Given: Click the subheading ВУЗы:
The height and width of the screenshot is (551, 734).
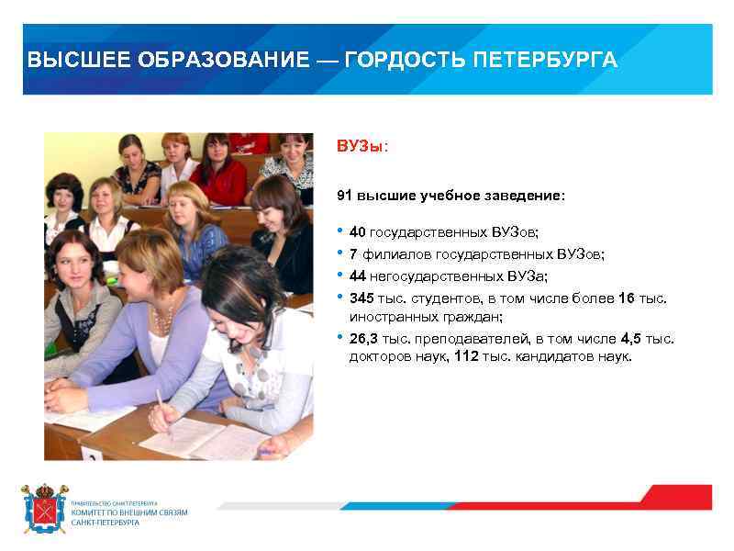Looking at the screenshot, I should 362,147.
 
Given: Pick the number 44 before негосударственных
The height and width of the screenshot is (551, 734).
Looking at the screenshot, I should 358,275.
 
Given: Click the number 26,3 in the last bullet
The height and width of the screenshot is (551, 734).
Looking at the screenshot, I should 364,339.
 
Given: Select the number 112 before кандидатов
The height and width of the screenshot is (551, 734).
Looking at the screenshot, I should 466,356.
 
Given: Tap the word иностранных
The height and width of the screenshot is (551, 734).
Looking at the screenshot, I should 389,316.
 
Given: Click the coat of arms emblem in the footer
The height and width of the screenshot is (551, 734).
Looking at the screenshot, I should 44,509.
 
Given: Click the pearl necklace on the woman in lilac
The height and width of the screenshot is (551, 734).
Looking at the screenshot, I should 162,321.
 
